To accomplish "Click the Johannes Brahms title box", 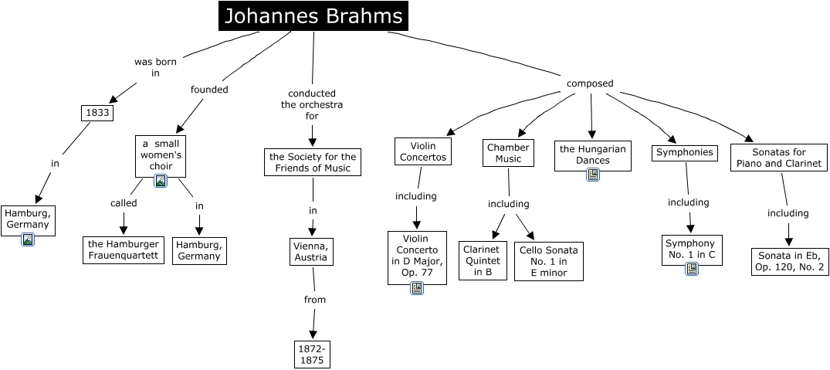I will pyautogui.click(x=313, y=16).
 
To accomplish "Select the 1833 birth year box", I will pyautogui.click(x=97, y=113).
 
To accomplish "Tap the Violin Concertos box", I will pyautogui.click(x=422, y=151).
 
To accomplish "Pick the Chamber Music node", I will pyautogui.click(x=509, y=152).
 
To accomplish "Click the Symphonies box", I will pyautogui.click(x=684, y=152).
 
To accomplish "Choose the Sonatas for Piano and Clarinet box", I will pyautogui.click(x=779, y=158).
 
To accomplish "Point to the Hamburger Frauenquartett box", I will pyautogui.click(x=124, y=249).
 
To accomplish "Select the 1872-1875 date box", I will pyautogui.click(x=313, y=354).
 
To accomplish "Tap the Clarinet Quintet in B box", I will pyautogui.click(x=483, y=260).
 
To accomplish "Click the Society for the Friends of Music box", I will pyautogui.click(x=313, y=162).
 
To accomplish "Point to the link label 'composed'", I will pyautogui.click(x=590, y=83).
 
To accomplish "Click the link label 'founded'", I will pyautogui.click(x=209, y=89).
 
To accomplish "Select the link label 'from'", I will pyautogui.click(x=315, y=299).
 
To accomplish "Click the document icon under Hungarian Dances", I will pyautogui.click(x=593, y=175).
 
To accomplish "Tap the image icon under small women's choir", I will pyautogui.click(x=161, y=181).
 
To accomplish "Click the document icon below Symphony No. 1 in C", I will pyautogui.click(x=692, y=269).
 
